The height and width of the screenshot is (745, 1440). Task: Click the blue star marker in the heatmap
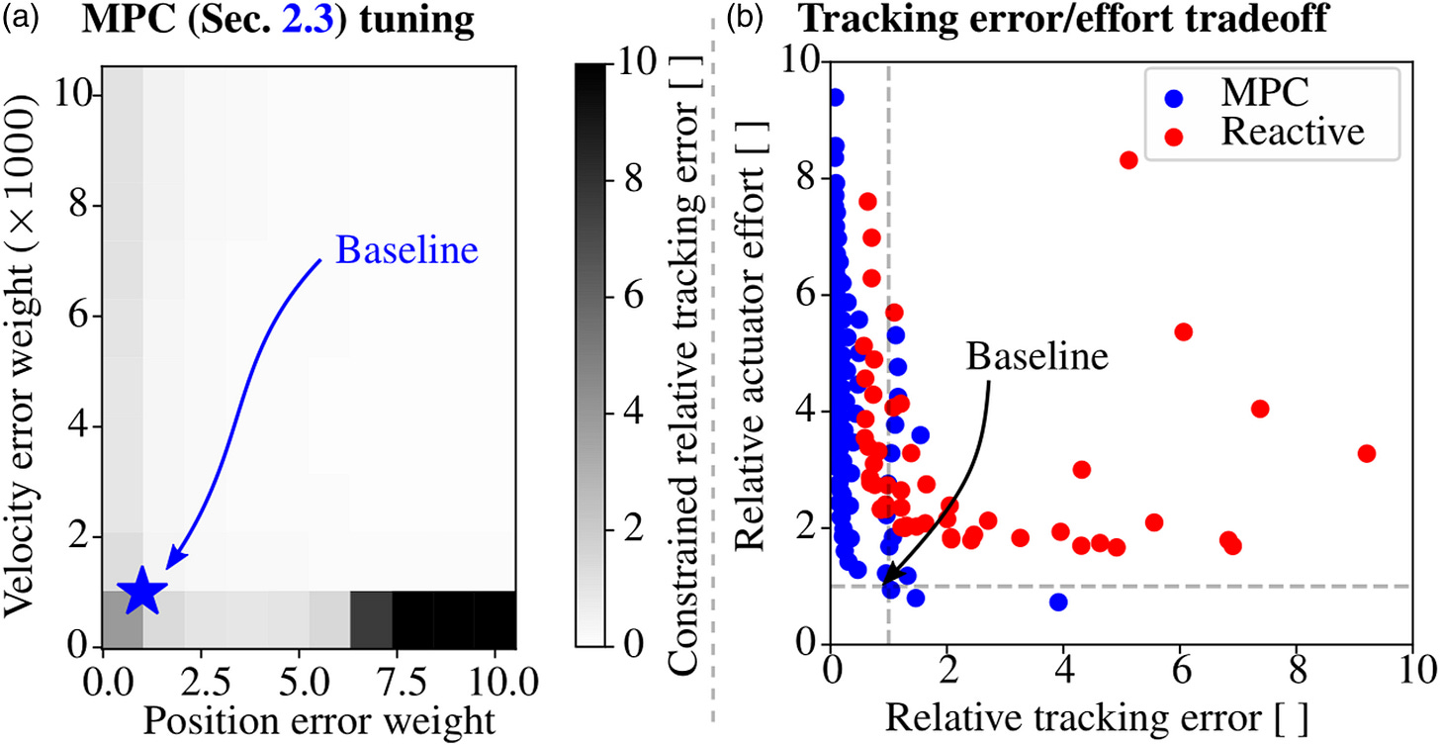pos(141,591)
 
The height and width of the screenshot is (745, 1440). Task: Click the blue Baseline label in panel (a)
pos(406,250)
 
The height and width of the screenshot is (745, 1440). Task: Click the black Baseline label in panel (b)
pos(1036,356)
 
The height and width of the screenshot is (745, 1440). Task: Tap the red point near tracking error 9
pos(1367,453)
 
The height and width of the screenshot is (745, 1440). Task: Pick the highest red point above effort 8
pos(1128,159)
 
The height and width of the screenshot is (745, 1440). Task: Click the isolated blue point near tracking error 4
pos(1058,602)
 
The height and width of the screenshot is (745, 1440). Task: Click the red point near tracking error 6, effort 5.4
pos(1183,331)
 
